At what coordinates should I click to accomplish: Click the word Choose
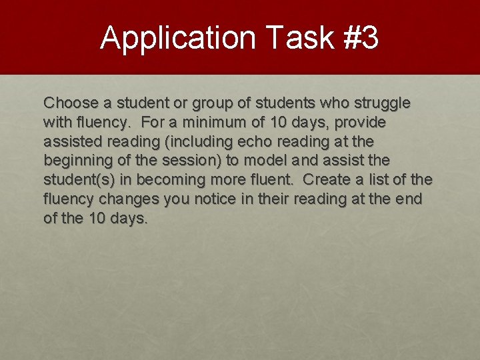(71, 103)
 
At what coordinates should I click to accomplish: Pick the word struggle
(382, 103)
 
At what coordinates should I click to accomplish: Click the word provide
(361, 123)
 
